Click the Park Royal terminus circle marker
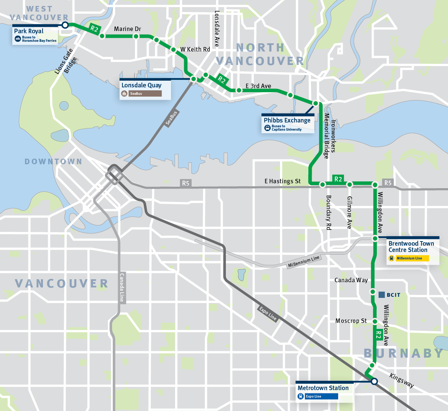click(x=65, y=25)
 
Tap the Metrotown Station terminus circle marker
click(x=374, y=381)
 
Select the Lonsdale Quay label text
click(x=141, y=85)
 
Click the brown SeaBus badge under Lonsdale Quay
click(x=145, y=94)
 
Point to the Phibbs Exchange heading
click(x=287, y=120)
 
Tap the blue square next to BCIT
click(x=382, y=295)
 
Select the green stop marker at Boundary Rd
click(x=323, y=184)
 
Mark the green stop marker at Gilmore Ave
click(x=350, y=184)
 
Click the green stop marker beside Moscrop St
click(x=375, y=321)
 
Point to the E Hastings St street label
click(x=283, y=181)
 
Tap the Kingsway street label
click(x=402, y=380)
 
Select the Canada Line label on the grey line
click(x=122, y=287)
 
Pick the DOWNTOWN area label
click(x=53, y=162)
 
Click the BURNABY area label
click(x=403, y=353)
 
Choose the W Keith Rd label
click(x=195, y=49)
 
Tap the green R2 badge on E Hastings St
click(x=338, y=179)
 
